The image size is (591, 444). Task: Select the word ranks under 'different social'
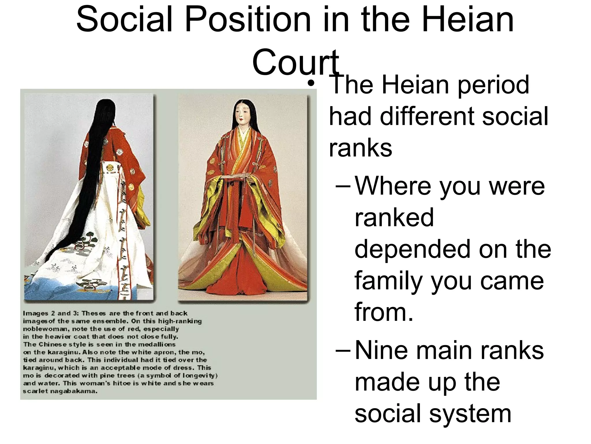tap(360, 148)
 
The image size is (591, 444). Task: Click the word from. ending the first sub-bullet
tap(384, 312)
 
